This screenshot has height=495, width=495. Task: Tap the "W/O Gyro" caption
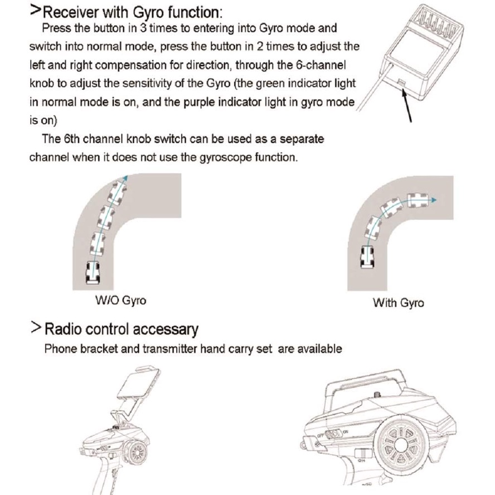point(120,300)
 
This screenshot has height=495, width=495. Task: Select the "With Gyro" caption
point(399,303)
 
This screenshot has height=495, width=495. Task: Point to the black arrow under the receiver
point(407,105)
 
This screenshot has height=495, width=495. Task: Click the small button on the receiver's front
point(401,82)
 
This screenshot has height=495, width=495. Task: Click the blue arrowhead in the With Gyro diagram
point(434,200)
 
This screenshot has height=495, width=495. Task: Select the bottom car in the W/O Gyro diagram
point(93,273)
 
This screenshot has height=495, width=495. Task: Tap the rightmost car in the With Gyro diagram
point(418,201)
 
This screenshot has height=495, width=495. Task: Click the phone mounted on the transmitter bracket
point(139,384)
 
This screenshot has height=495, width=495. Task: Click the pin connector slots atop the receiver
point(437,23)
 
